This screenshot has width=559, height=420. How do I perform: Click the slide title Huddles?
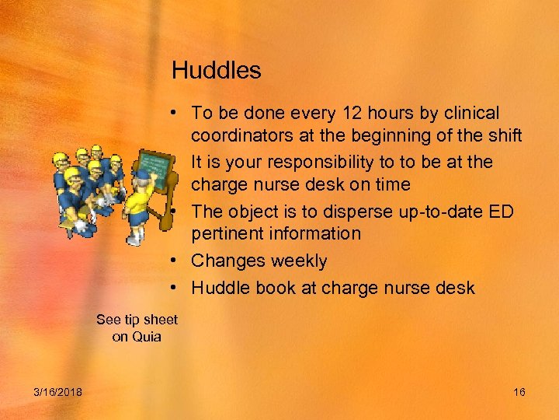pyautogui.click(x=216, y=71)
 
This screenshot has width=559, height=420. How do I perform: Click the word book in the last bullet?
pyautogui.click(x=276, y=288)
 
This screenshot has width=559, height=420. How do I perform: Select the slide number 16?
pyautogui.click(x=519, y=392)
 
